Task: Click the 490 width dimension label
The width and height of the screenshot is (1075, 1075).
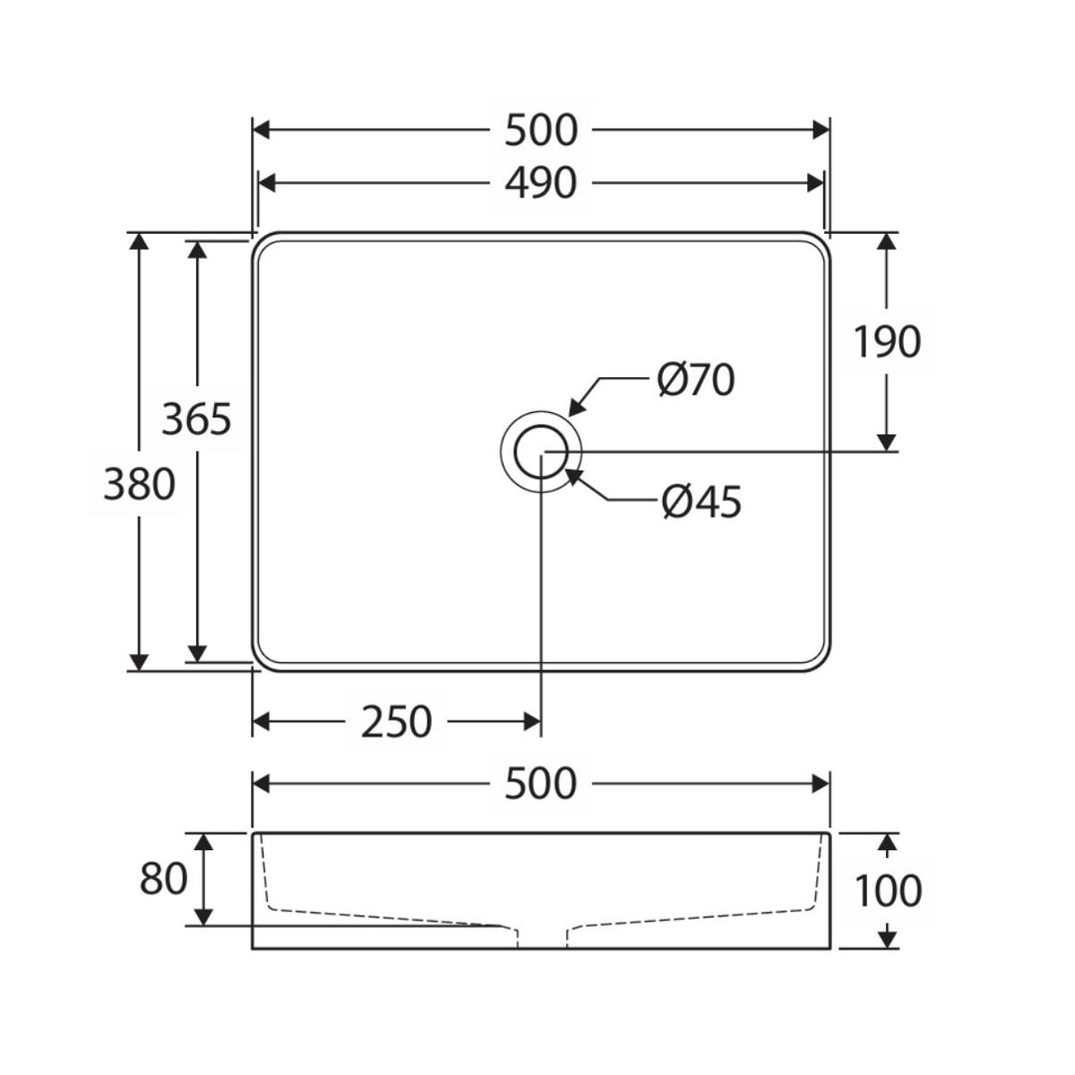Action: point(540,184)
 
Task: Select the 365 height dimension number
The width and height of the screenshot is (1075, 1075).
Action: point(197,419)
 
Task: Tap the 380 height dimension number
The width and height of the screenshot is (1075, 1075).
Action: point(139,484)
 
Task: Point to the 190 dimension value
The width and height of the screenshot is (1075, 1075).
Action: point(887,341)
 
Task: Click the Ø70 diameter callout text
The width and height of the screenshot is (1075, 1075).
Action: point(696,380)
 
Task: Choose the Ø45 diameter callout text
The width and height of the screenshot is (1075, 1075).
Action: point(702,502)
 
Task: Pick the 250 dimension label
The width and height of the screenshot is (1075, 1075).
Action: point(396,722)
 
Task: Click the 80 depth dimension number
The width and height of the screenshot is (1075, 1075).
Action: point(163,878)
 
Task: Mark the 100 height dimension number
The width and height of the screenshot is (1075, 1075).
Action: point(888,891)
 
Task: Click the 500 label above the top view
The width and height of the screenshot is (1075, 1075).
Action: point(540,130)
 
